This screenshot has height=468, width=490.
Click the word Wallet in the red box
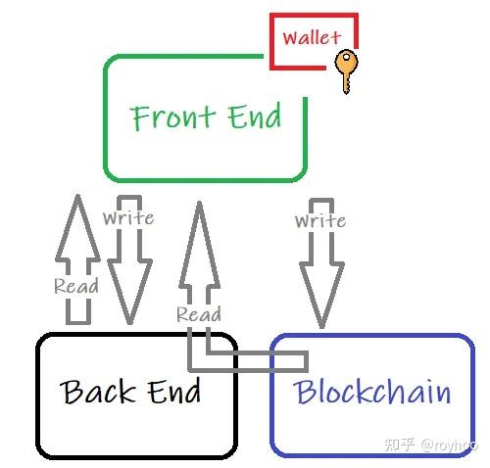(312, 38)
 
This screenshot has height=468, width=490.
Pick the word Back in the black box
(102, 393)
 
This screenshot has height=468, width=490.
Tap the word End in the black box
(174, 393)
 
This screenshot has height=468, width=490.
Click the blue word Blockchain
(372, 393)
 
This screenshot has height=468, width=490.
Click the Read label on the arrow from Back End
(76, 287)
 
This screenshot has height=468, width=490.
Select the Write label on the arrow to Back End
(127, 217)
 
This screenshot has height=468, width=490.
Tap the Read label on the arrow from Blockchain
(198, 314)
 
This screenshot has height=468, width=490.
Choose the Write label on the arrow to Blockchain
(320, 221)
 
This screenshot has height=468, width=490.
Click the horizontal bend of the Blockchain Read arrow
(255, 360)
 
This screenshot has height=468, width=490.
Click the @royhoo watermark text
(449, 445)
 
